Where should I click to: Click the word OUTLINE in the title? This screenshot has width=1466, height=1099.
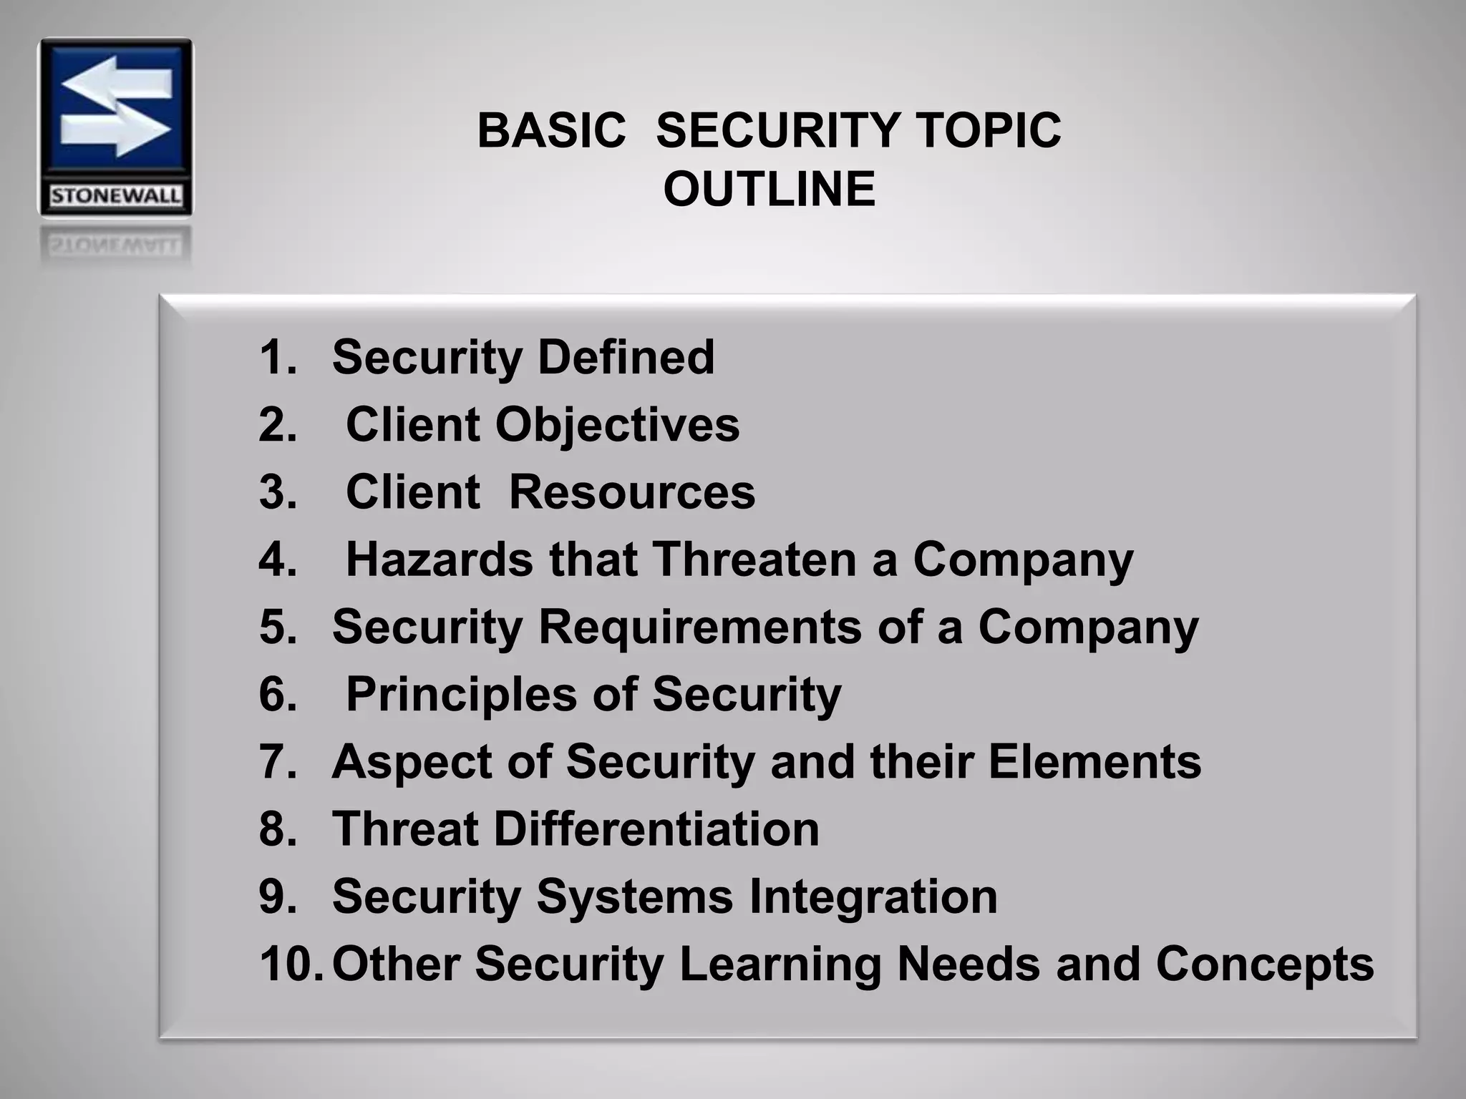770,190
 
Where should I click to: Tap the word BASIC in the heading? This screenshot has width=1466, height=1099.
551,131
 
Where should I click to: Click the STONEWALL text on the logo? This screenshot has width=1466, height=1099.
115,196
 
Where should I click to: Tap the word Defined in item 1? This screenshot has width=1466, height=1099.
626,357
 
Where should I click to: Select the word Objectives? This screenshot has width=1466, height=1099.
617,425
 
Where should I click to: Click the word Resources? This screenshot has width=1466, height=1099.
632,492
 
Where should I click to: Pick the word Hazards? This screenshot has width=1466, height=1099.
439,560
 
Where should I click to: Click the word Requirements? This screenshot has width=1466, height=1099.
700,627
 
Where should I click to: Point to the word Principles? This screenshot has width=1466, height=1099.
461,694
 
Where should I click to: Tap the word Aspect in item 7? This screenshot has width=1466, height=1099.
412,761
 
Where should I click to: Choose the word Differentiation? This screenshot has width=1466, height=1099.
656,829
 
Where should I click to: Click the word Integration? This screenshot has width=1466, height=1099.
873,896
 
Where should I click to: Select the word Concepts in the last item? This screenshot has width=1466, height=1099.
1265,963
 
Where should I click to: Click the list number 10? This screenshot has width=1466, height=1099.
291,963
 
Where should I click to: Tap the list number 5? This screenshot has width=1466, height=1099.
278,627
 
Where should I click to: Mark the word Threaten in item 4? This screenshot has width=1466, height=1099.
755,560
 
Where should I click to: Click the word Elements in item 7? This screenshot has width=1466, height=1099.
1095,761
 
